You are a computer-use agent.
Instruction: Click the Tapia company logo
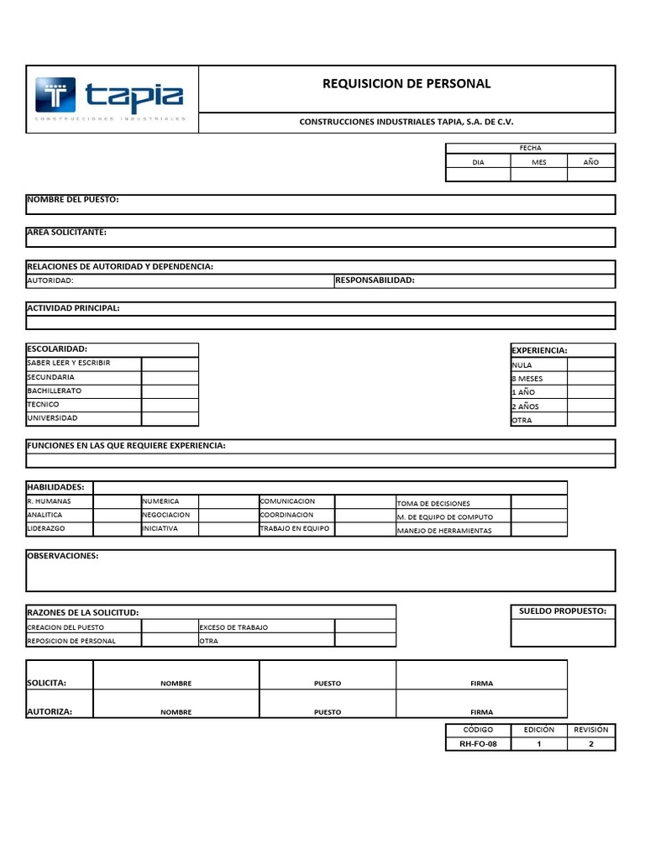109,98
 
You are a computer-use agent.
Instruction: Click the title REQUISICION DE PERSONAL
406,83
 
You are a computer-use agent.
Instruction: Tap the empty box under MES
539,175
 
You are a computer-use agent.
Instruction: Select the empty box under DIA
478,175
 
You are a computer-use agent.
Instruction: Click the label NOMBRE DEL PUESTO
73,200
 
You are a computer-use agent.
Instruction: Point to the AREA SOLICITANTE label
67,232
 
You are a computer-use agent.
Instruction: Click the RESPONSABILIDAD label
375,280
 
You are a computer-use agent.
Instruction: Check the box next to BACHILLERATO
170,391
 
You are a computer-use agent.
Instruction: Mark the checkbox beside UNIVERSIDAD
170,418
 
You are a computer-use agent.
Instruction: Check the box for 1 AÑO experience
591,392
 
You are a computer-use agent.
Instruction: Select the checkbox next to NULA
591,364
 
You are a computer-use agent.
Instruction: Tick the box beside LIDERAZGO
116,529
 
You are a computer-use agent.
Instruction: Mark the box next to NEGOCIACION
228,515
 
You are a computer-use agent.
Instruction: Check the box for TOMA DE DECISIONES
538,502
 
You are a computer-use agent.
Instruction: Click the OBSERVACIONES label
63,556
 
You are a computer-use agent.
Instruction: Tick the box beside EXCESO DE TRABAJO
364,627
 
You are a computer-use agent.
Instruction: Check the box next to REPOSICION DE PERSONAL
169,641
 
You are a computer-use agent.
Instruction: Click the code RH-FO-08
478,744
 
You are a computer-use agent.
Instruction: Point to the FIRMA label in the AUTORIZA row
481,711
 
